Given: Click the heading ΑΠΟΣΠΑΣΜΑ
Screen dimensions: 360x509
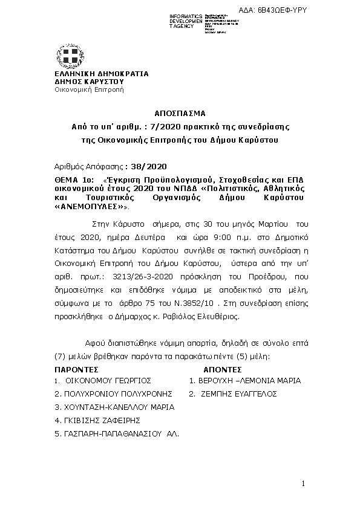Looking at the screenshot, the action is (180, 113).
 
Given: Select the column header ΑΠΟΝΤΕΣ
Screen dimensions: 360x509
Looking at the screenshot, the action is (223, 368).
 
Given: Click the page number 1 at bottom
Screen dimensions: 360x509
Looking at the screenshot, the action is (303, 484).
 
